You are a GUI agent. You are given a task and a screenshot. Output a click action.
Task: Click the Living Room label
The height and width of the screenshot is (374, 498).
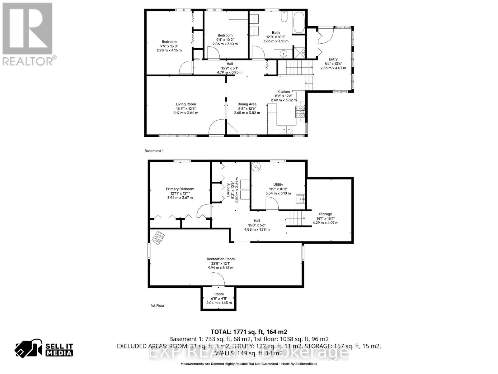[186, 104]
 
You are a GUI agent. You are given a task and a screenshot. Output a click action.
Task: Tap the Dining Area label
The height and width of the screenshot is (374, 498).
[247, 104]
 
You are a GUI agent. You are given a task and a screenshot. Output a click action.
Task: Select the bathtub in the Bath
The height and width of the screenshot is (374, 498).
[299, 22]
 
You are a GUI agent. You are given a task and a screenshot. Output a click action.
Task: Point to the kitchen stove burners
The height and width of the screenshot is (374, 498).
[300, 112]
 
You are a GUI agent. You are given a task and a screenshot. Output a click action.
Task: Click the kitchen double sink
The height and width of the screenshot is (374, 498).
[287, 129]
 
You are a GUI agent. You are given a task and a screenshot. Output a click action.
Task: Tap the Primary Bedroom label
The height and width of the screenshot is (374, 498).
[180, 189]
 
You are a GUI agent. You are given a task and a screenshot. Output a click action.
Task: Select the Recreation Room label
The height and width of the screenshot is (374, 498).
[221, 259]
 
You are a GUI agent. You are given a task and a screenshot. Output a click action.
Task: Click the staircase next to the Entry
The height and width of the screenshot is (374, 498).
[295, 68]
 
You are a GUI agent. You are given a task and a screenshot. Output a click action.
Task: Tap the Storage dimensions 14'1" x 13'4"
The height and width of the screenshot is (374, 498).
[325, 218]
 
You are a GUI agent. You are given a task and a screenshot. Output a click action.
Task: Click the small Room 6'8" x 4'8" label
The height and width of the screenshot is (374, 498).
[219, 294]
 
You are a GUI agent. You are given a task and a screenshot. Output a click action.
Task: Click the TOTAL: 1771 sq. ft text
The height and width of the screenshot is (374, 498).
[249, 332]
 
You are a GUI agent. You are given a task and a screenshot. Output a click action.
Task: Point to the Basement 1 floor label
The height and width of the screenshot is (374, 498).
[154, 151]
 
